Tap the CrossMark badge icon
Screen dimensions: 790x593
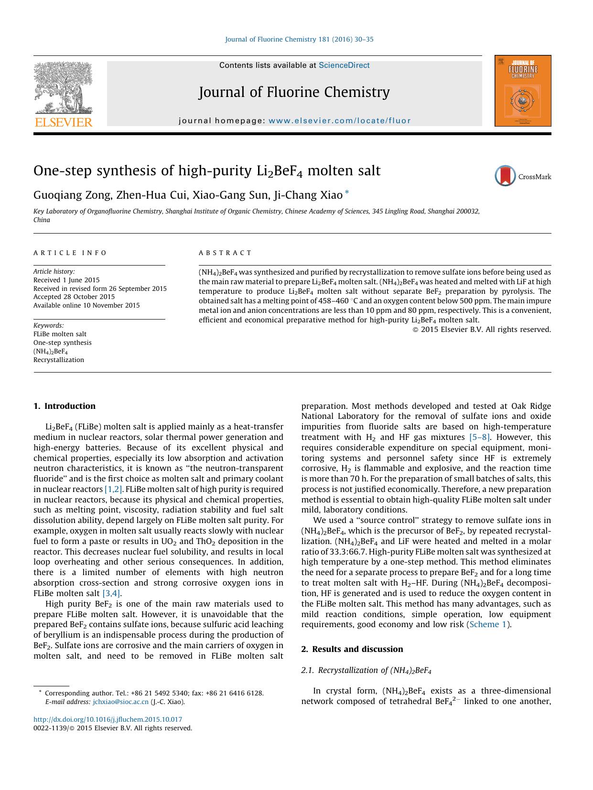505,176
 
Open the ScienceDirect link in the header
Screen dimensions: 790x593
344,65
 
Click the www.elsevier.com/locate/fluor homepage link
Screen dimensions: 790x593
339,121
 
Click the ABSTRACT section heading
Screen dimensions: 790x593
225,253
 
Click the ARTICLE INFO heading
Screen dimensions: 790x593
71,253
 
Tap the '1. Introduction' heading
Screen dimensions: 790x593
65,406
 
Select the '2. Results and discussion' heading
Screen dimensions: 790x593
352,649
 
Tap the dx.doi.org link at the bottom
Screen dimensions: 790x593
108,719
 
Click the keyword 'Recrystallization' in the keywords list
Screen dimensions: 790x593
59,360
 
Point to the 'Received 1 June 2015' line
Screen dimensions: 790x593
66,280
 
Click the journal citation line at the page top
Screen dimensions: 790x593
299,39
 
